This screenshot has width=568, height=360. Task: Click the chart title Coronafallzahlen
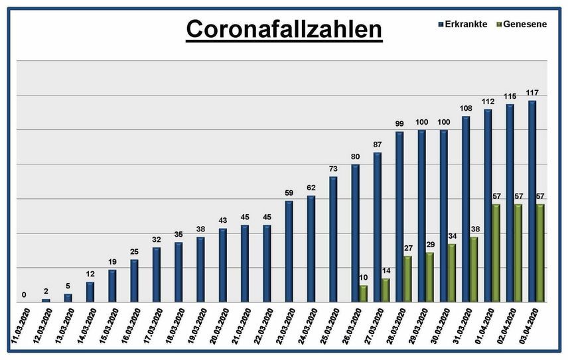point(283,30)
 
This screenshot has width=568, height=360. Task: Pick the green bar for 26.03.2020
point(363,294)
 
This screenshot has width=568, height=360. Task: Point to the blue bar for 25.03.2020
point(333,239)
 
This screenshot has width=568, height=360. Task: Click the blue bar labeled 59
point(289,251)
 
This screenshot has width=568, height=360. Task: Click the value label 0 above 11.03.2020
point(24,295)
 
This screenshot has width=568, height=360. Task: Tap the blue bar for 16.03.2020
point(134,280)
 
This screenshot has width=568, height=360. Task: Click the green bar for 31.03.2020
point(474,269)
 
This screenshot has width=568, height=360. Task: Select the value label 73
point(333,170)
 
